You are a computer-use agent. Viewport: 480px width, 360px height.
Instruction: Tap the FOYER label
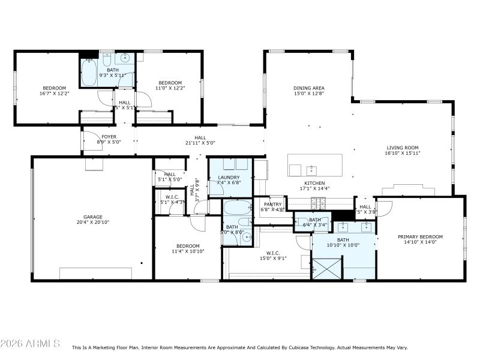(x=109, y=137)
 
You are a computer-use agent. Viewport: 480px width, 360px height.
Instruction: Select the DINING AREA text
(x=309, y=88)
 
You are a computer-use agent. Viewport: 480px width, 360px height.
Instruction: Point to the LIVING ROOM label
(x=402, y=147)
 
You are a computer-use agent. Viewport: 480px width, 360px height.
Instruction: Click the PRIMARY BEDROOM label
(x=421, y=236)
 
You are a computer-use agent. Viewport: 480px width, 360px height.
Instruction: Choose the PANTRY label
(x=272, y=204)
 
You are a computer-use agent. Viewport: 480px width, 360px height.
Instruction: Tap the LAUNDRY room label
(x=229, y=177)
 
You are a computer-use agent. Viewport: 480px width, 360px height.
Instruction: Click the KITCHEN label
(x=315, y=183)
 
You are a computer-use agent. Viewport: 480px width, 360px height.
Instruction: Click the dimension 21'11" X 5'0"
(x=200, y=143)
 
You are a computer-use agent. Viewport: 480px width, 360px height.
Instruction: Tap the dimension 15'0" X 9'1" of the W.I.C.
(x=273, y=259)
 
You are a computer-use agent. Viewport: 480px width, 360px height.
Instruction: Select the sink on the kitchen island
(x=311, y=169)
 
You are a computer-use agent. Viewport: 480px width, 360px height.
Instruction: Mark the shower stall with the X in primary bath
(x=326, y=265)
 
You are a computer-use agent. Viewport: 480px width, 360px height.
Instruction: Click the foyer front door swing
(x=91, y=138)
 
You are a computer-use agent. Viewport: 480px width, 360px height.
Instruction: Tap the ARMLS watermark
(x=30, y=344)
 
